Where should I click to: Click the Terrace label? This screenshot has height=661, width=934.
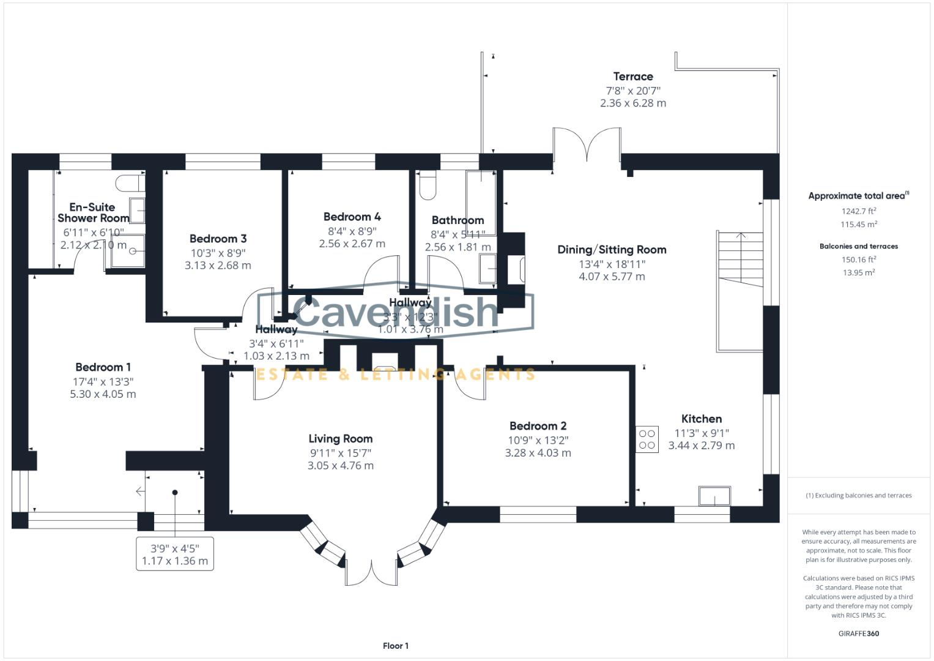pyautogui.click(x=633, y=77)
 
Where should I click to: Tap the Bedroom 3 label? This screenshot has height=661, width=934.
pyautogui.click(x=218, y=239)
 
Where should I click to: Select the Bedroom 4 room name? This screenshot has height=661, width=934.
pyautogui.click(x=352, y=217)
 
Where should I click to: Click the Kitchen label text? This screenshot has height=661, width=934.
pyautogui.click(x=702, y=419)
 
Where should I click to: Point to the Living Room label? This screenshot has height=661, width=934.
pyautogui.click(x=340, y=439)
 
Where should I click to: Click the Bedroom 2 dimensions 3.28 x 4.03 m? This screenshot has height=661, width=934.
pyautogui.click(x=538, y=453)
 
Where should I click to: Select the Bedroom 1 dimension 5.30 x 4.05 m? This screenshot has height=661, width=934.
pyautogui.click(x=103, y=394)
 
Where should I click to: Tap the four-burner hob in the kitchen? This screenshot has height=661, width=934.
pyautogui.click(x=647, y=439)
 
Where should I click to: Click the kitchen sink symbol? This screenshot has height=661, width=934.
pyautogui.click(x=715, y=496)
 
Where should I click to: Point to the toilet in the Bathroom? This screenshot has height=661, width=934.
pyautogui.click(x=428, y=185)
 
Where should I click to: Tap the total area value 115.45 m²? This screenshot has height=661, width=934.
pyautogui.click(x=859, y=225)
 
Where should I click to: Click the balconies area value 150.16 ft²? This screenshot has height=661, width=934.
pyautogui.click(x=859, y=260)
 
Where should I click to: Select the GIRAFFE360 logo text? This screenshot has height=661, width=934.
pyautogui.click(x=859, y=633)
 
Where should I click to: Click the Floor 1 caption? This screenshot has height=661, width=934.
pyautogui.click(x=396, y=646)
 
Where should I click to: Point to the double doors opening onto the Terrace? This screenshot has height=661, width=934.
pyautogui.click(x=587, y=146)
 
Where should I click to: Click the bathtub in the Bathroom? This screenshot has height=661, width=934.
pyautogui.click(x=481, y=195)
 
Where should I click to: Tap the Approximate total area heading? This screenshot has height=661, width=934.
pyautogui.click(x=858, y=196)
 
